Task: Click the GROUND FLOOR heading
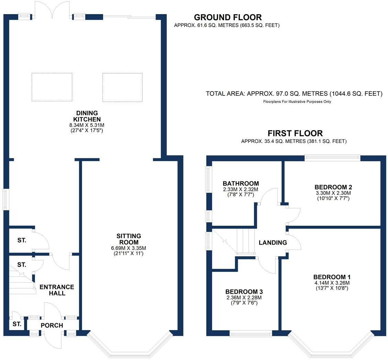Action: point(228,17)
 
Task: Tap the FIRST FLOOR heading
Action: point(295,133)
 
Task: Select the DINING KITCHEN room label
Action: point(87,116)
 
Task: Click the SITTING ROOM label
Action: point(129,239)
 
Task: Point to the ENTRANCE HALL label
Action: point(57,290)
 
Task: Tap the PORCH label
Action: point(52,325)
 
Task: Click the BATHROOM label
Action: point(241,183)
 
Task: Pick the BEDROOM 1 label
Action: point(332,277)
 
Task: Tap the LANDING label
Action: point(273,243)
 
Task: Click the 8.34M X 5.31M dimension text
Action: point(87,125)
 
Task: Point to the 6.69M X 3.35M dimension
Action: point(129,248)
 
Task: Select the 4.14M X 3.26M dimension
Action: point(332,283)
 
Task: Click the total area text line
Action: point(294,93)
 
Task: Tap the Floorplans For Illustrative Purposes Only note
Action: point(297,102)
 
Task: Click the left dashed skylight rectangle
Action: point(52,87)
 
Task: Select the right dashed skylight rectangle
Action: point(122,87)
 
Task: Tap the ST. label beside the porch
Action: point(17,324)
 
